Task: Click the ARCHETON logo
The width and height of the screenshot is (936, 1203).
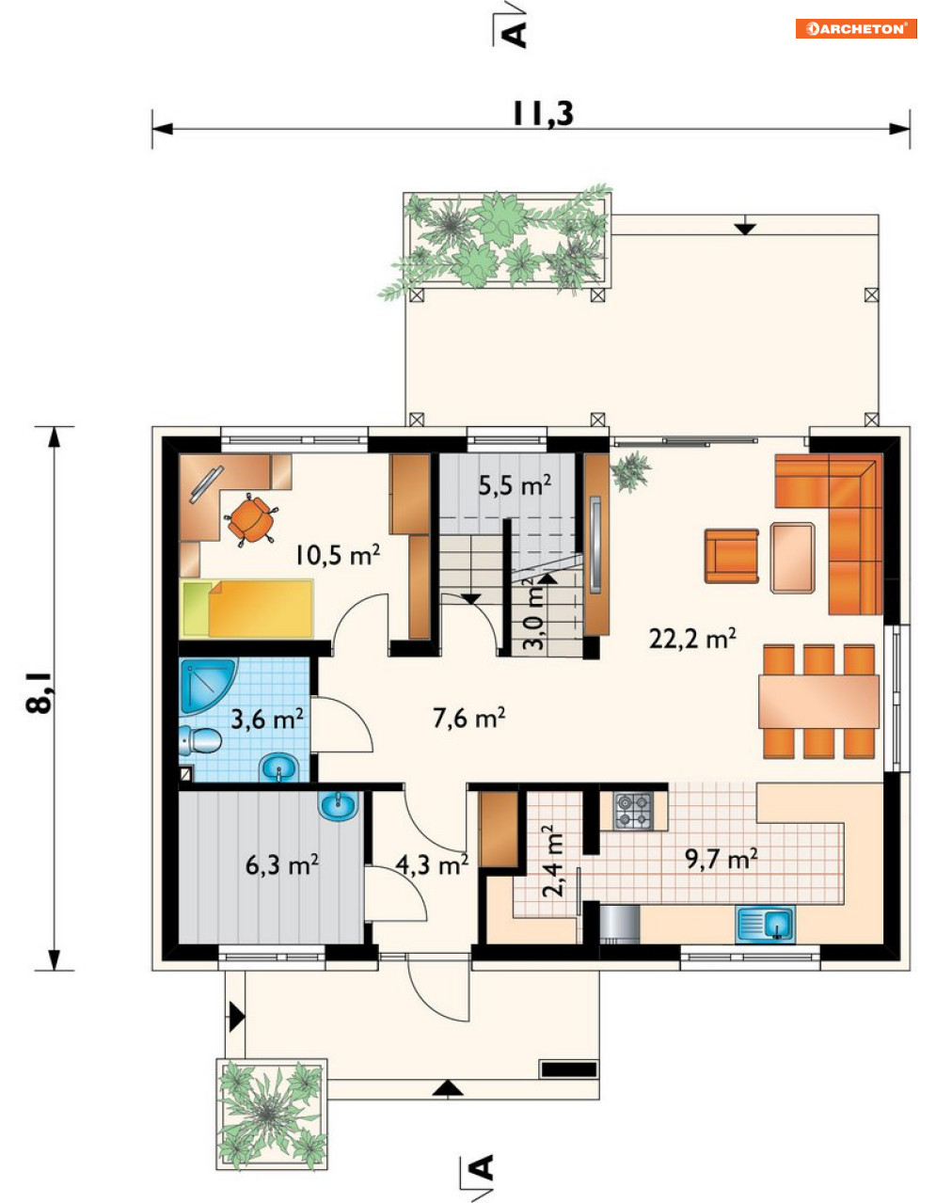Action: (856, 29)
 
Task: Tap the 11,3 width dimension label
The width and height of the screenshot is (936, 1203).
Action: (543, 114)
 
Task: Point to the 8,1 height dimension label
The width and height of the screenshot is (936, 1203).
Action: (39, 692)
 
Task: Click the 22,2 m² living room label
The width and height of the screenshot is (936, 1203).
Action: (692, 639)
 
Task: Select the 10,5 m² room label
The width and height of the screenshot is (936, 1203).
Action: (337, 555)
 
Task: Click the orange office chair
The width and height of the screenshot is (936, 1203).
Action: (251, 520)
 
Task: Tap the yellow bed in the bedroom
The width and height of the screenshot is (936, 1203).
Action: (246, 609)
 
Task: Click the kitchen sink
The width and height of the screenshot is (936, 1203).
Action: (765, 924)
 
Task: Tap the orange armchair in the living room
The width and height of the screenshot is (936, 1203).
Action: (731, 556)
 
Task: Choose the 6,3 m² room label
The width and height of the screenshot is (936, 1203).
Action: (282, 864)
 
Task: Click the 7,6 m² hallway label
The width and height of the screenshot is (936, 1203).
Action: (468, 718)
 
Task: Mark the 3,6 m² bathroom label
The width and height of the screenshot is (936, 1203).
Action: (267, 720)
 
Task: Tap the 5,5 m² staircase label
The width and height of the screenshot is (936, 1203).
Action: (515, 485)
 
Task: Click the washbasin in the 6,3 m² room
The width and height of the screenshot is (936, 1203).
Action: (339, 805)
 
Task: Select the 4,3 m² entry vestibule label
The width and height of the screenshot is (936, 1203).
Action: (432, 864)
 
